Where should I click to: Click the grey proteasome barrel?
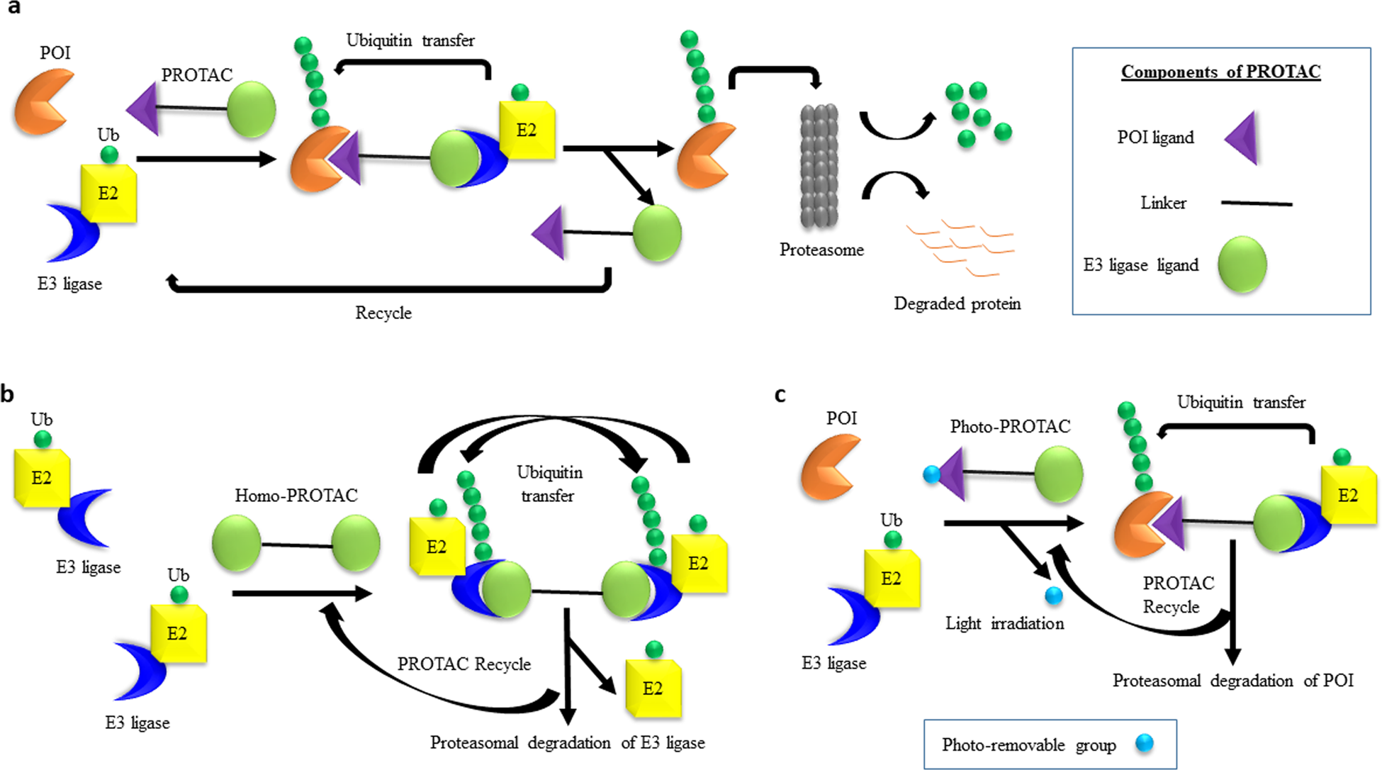(819, 166)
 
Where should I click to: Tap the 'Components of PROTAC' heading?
(1220, 72)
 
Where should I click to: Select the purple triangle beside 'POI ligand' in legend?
(1242, 138)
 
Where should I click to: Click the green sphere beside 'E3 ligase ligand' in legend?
(1242, 264)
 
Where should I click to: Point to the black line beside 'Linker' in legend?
(1257, 203)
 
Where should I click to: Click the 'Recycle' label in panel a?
(383, 313)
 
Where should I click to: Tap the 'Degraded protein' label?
(957, 303)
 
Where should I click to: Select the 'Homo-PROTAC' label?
(296, 495)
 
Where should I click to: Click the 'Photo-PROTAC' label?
(1010, 426)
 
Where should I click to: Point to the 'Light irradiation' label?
(1004, 623)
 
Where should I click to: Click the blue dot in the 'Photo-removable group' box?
(1144, 743)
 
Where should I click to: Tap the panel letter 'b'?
(8, 394)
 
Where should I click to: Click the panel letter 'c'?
(780, 394)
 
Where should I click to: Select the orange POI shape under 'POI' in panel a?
(44, 101)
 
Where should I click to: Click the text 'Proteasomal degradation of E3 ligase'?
(568, 742)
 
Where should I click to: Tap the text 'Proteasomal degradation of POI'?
(1233, 681)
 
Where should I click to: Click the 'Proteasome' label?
(821, 250)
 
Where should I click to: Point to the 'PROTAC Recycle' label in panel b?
(464, 664)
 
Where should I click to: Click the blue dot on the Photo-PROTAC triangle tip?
(932, 474)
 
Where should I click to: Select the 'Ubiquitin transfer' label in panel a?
(410, 40)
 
